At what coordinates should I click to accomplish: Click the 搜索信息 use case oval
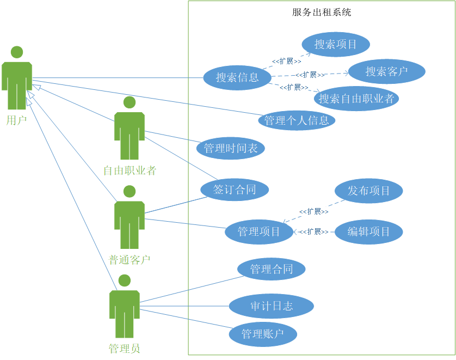(237, 77)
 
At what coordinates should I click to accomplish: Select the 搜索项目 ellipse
(336, 44)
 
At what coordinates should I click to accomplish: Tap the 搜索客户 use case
(386, 71)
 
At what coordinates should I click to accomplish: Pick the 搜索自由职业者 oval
(356, 99)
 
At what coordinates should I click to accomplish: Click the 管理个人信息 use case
(297, 120)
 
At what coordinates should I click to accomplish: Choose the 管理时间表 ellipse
(231, 148)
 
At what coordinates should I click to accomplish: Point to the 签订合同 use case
(235, 190)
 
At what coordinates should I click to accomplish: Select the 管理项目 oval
(259, 231)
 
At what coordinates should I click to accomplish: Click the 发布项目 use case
(369, 191)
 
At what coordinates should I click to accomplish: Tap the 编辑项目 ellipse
(369, 231)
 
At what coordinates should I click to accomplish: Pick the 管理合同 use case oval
(272, 269)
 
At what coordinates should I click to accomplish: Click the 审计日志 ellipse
(272, 306)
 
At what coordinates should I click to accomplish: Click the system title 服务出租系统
(322, 12)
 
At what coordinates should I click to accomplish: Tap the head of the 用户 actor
(17, 52)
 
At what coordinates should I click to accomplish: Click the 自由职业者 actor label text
(130, 171)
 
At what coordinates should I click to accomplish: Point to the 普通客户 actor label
(130, 260)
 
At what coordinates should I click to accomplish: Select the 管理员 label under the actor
(125, 349)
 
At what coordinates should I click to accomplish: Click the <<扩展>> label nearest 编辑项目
(313, 231)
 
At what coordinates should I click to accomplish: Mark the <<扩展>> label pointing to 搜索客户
(310, 75)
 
